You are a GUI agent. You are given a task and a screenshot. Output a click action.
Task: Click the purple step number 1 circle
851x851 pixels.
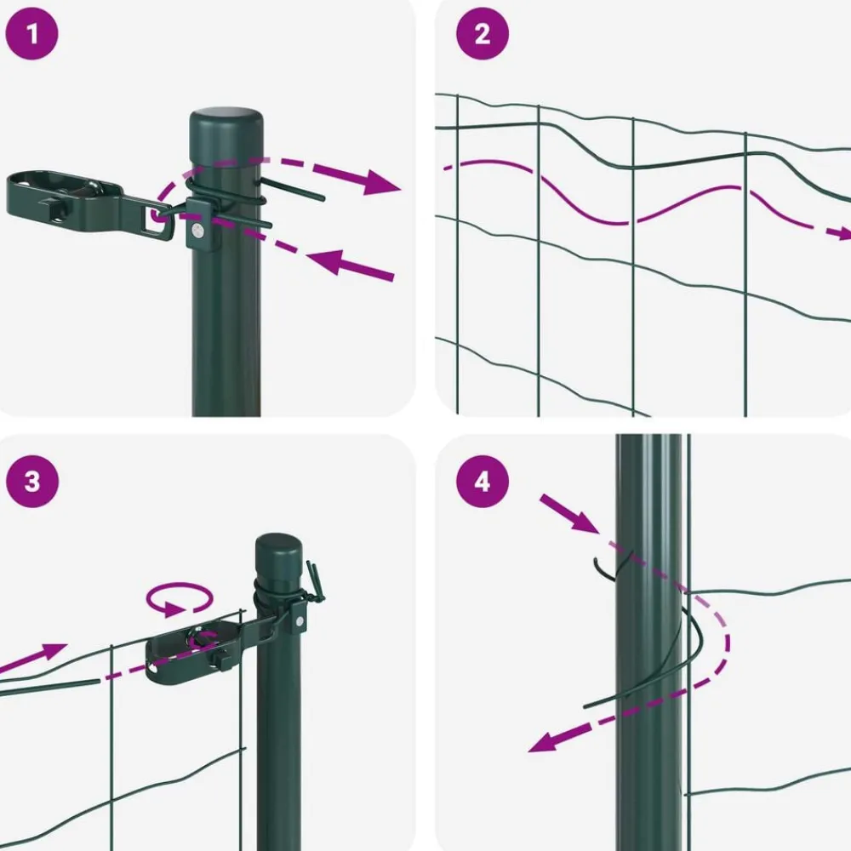tap(31, 34)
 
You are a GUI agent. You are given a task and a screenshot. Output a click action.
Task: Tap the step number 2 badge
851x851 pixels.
tap(482, 34)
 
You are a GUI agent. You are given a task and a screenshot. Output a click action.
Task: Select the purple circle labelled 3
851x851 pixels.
tap(32, 481)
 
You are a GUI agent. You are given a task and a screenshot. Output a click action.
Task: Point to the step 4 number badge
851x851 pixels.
tap(482, 481)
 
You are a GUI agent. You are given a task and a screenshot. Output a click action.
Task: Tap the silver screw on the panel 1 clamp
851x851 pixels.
tap(197, 231)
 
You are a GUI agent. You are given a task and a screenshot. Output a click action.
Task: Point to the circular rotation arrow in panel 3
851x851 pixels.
tap(179, 598)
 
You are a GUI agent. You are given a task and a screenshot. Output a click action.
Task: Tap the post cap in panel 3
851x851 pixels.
tap(278, 559)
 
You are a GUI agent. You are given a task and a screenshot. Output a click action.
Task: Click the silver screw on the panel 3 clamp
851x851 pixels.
tap(299, 621)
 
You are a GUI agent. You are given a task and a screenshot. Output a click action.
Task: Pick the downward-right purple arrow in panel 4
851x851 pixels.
tap(570, 514)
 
